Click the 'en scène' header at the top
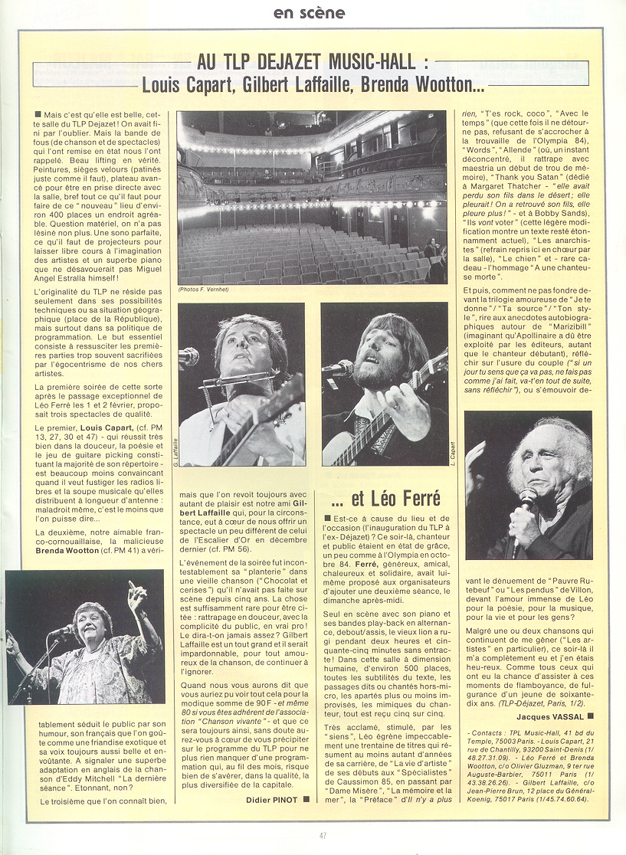coord(310,13)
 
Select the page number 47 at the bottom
coord(322,835)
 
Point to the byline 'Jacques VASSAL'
coord(551,716)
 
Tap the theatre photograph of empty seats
coord(312,198)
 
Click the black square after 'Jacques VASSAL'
coord(591,716)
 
